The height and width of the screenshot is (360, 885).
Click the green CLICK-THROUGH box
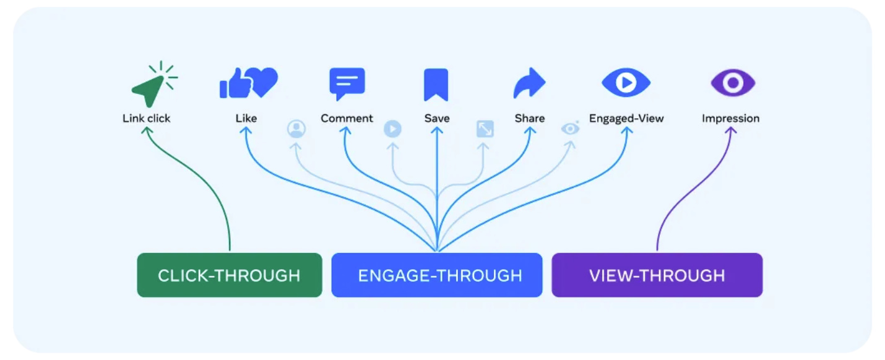coord(230,275)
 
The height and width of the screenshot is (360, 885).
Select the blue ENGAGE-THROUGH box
coord(437,275)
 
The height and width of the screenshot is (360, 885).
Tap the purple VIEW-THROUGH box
coord(657,275)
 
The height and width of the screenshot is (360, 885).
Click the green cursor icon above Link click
coord(152,87)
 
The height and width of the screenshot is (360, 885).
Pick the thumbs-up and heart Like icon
coord(249,83)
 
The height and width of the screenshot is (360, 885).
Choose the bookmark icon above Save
coord(436,84)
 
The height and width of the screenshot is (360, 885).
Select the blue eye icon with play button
coord(626,83)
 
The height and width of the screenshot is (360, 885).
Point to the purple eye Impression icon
coord(733,83)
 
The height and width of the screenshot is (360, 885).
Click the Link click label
coord(146,118)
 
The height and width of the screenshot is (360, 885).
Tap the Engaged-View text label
coord(626,118)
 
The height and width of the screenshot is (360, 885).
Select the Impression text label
coord(730,118)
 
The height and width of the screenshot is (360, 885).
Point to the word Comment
coord(347,118)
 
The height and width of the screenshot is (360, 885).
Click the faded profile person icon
coord(296,129)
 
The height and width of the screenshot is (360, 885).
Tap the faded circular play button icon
coord(392,129)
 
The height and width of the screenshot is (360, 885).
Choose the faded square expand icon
coord(485,129)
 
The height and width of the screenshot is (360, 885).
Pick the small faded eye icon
coord(570,129)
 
